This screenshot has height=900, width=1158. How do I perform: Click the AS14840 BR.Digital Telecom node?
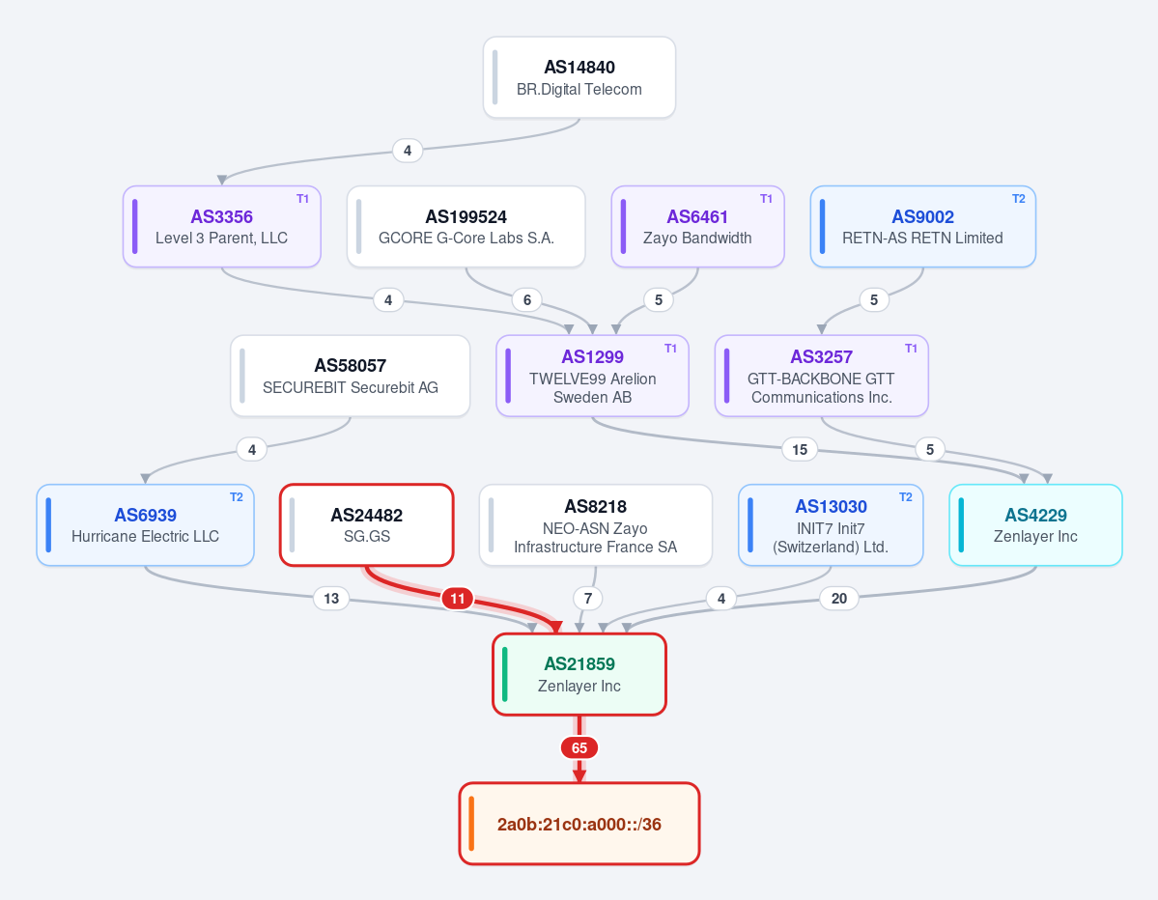click(x=579, y=77)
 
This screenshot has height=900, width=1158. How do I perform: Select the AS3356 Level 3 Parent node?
click(x=221, y=227)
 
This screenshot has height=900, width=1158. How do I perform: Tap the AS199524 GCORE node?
click(x=466, y=227)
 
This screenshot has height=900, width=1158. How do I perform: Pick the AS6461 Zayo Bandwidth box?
click(x=698, y=227)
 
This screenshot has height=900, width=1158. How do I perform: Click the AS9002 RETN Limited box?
click(x=923, y=227)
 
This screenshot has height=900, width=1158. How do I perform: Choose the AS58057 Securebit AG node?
click(x=350, y=376)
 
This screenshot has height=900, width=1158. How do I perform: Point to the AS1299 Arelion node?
click(x=592, y=376)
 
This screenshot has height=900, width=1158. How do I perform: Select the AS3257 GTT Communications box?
click(x=821, y=376)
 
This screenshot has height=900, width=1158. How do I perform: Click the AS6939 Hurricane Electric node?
click(x=146, y=525)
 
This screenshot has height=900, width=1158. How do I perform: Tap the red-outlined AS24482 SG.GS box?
click(x=367, y=525)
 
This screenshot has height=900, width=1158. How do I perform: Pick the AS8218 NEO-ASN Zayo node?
click(x=596, y=525)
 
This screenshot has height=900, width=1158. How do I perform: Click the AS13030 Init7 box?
click(x=831, y=525)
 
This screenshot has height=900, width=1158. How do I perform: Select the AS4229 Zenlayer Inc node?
click(x=1035, y=525)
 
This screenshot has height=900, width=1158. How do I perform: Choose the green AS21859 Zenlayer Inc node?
click(x=579, y=674)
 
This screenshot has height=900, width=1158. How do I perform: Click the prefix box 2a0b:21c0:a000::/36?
click(x=579, y=823)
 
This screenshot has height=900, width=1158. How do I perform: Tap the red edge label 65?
click(x=579, y=748)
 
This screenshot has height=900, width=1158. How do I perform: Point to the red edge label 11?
click(x=458, y=598)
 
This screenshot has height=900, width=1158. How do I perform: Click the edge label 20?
click(x=839, y=598)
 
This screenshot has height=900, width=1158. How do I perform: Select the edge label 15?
click(x=800, y=450)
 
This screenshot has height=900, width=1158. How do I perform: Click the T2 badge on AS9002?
click(x=1018, y=199)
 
